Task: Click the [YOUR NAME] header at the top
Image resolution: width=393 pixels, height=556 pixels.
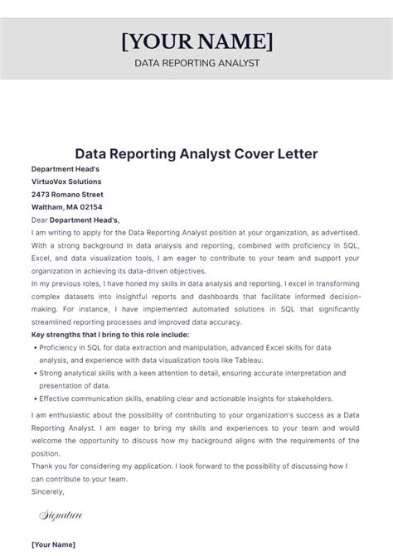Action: [x=196, y=41]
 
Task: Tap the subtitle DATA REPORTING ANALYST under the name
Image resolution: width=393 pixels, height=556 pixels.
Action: [x=196, y=63]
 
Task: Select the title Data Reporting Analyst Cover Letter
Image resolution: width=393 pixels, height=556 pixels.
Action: [x=196, y=154]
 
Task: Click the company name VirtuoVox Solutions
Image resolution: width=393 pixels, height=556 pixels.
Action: [x=66, y=181]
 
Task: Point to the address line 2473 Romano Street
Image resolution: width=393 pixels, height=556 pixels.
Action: [x=67, y=194]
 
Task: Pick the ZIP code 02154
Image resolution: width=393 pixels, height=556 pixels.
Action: [x=91, y=207]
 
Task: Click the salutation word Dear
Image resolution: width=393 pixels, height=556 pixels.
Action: [x=39, y=220]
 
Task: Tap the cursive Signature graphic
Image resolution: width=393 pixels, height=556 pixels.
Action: [x=61, y=515]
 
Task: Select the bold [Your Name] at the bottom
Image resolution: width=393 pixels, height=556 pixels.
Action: [x=53, y=544]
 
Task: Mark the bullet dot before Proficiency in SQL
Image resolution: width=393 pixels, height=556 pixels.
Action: [x=37, y=348]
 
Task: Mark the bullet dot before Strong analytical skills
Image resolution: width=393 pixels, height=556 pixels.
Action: [x=37, y=373]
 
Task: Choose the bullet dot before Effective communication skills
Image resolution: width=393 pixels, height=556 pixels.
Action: [x=37, y=399]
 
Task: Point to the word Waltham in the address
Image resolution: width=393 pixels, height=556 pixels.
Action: [x=48, y=207]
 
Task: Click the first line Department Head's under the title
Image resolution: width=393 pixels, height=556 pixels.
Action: [x=65, y=169]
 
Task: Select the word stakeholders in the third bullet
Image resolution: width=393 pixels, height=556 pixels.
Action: [x=306, y=399]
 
